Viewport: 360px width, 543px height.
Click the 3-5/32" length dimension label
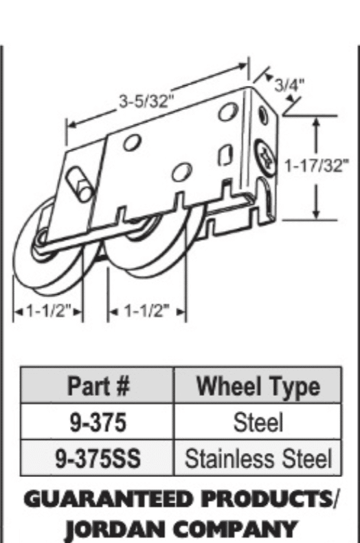click(x=146, y=102)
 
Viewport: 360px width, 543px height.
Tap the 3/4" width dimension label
click(x=289, y=84)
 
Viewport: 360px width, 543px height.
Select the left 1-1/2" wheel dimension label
click(x=49, y=311)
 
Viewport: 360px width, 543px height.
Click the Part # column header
click(x=99, y=386)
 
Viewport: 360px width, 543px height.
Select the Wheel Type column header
click(x=258, y=386)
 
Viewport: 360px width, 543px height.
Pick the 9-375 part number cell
click(x=98, y=423)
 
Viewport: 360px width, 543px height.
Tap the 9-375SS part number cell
click(x=98, y=458)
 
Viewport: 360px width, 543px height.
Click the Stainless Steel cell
click(x=258, y=458)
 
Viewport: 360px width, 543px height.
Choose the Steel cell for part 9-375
click(x=258, y=422)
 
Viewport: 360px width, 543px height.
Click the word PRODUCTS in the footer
click(x=266, y=499)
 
